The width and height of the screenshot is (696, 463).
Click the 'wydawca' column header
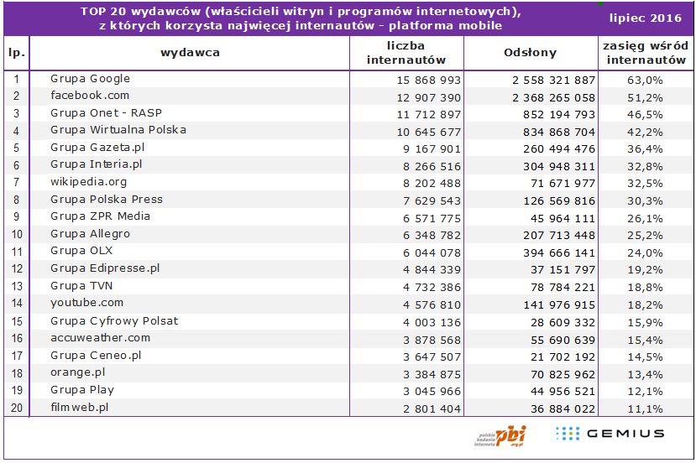coord(191,53)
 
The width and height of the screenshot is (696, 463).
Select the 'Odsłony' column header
coord(530,53)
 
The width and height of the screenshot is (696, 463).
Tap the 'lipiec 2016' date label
coord(645,18)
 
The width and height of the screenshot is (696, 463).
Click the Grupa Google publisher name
coord(90,79)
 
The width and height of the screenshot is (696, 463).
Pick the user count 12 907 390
coord(430,96)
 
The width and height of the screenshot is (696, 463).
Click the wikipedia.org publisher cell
coord(88,182)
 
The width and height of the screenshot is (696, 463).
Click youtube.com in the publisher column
coord(86,303)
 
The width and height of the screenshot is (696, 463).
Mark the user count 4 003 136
coord(430,321)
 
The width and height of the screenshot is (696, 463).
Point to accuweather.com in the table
coord(100,338)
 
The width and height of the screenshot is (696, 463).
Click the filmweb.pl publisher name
coord(80,408)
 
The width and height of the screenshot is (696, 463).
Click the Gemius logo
coord(610,434)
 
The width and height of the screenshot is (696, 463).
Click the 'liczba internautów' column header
coord(406,53)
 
